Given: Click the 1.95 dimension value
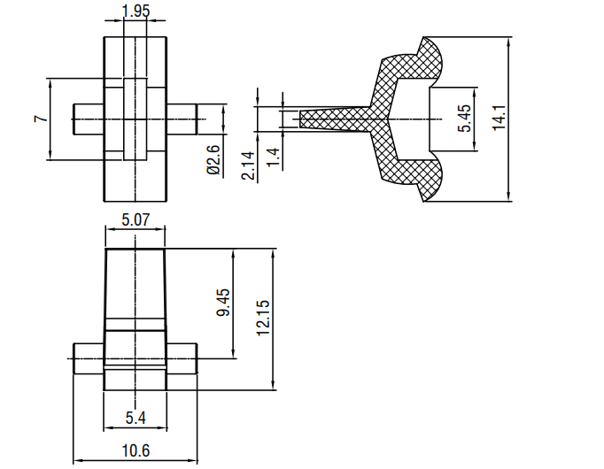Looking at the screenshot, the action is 136,11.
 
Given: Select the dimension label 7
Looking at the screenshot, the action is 42,118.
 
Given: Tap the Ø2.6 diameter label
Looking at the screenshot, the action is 213,159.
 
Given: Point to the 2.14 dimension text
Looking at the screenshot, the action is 248,165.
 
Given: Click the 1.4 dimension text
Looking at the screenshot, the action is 273,158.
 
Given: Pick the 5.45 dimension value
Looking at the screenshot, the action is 464,118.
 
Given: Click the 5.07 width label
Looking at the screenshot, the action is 136,220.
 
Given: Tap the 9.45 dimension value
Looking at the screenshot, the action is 223,303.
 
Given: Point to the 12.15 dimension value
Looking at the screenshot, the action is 264,318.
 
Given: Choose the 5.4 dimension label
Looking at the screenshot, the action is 136,418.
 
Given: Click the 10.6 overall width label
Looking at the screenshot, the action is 136,450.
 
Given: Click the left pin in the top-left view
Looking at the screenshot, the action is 89,119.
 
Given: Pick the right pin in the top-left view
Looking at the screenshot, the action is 182,119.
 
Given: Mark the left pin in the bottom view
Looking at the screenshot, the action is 89,358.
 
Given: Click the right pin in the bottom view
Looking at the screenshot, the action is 182,358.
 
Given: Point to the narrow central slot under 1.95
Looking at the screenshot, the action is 136,119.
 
